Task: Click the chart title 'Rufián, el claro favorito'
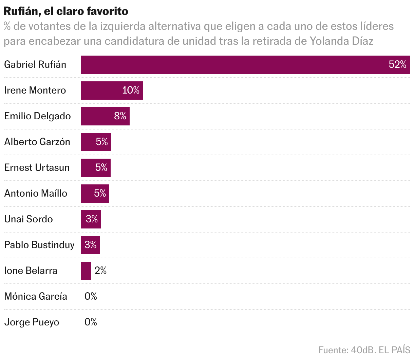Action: pyautogui.click(x=66, y=11)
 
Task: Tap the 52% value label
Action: pyautogui.click(x=397, y=65)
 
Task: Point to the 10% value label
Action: pyautogui.click(x=131, y=91)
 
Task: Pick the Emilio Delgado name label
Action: pyautogui.click(x=37, y=116)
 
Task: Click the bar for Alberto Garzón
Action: pyautogui.click(x=88, y=142)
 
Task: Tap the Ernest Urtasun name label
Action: pyautogui.click(x=37, y=168)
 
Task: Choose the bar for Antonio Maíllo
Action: pyautogui.click(x=87, y=194)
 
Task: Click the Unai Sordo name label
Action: pyautogui.click(x=29, y=219)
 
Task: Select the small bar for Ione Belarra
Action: pyautogui.click(x=86, y=271)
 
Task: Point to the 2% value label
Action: pyautogui.click(x=100, y=271)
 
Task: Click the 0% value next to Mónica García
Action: pyautogui.click(x=91, y=297)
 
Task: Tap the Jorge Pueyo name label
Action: pyautogui.click(x=32, y=322)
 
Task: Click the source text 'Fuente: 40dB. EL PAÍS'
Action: pyautogui.click(x=364, y=350)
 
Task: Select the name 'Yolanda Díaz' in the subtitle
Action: pyautogui.click(x=341, y=41)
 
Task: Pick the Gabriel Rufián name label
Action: pyautogui.click(x=35, y=65)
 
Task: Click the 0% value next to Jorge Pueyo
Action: pyautogui.click(x=91, y=322)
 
